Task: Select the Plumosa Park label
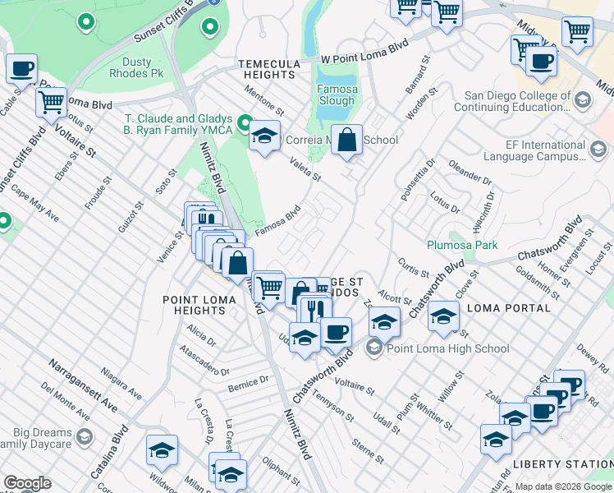click(x=462, y=245)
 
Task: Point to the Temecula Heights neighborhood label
click(x=266, y=69)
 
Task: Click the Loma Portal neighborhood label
click(x=508, y=308)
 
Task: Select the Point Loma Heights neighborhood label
click(x=200, y=305)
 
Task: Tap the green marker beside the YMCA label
click(x=244, y=124)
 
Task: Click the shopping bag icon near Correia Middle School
click(x=347, y=140)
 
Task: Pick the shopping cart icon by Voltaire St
click(x=51, y=103)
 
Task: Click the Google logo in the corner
click(x=27, y=483)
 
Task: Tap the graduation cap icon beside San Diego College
click(x=583, y=100)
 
